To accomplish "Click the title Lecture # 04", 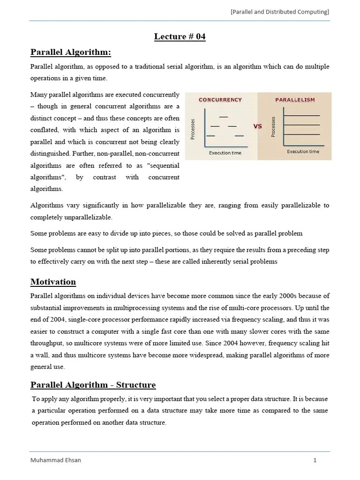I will click(x=180, y=37).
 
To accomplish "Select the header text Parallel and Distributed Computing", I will click(x=279, y=12).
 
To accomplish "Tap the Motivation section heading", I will click(x=53, y=282).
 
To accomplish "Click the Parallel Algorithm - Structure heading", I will click(x=93, y=385).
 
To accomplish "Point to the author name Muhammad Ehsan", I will click(x=55, y=460).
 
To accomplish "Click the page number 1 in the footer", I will click(x=315, y=460).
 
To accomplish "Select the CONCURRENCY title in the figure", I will click(x=220, y=100).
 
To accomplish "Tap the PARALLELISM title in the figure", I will click(x=295, y=100).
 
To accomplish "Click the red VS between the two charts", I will click(x=257, y=126).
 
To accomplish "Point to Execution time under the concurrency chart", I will click(x=225, y=152).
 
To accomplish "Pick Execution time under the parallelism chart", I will click(x=302, y=151).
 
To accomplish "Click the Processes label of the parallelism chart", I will click(x=274, y=127).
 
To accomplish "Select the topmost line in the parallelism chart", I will click(x=302, y=115).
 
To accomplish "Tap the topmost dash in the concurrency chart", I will click(x=224, y=117).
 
